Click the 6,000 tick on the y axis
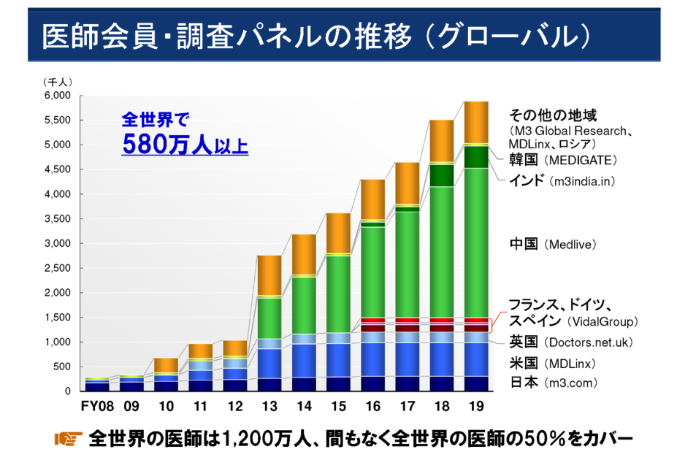tap(56, 96)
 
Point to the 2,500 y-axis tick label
tap(56, 268)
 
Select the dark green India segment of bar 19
tap(476, 157)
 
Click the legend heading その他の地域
tap(553, 115)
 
